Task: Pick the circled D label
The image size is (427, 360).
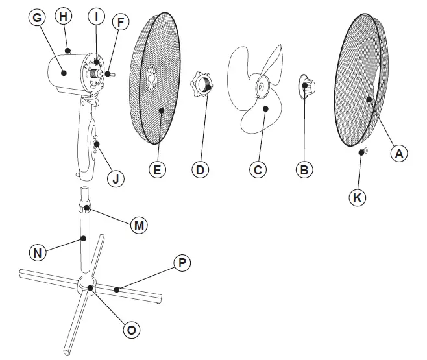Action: [x=201, y=170]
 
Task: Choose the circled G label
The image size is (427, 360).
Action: [x=37, y=18]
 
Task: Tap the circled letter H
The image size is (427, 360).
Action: [x=63, y=16]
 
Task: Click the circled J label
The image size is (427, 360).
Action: [x=116, y=178]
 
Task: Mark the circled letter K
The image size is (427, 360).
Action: [x=356, y=198]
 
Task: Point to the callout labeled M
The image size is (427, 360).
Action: [x=138, y=226]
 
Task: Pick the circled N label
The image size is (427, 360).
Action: [x=38, y=252]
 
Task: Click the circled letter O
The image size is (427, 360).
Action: [x=132, y=330]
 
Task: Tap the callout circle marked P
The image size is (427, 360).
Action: [x=182, y=262]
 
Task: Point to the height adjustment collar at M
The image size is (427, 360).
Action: [x=84, y=208]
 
